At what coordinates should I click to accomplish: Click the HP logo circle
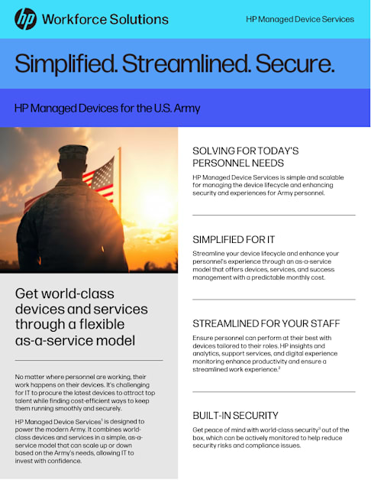[26, 19]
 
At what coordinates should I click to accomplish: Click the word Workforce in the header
[74, 19]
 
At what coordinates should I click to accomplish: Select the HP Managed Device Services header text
[300, 19]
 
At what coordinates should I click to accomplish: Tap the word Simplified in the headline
[66, 63]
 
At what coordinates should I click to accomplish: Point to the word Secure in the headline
[295, 63]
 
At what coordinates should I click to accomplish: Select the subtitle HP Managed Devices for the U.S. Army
[108, 109]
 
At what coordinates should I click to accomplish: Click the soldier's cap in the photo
[73, 152]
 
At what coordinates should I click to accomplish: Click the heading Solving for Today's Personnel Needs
[245, 157]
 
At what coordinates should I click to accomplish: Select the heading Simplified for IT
[234, 239]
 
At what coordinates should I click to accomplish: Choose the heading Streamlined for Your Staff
[266, 323]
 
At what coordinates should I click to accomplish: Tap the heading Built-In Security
[235, 415]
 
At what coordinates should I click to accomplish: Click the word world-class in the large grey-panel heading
[78, 294]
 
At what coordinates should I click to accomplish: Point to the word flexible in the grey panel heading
[102, 325]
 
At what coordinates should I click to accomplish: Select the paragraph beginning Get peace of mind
[271, 438]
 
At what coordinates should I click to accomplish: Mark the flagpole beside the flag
[120, 183]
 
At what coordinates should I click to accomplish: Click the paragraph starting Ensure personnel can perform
[265, 354]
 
